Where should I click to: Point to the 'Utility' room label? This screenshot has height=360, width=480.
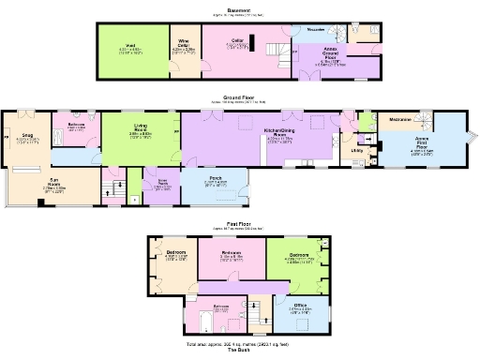(356, 149)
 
